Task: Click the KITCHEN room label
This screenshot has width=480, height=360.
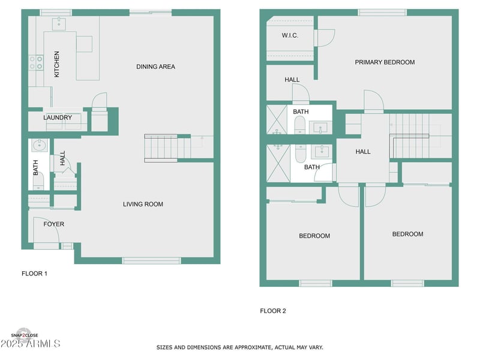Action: pos(57,64)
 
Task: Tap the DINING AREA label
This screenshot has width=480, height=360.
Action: pos(155,67)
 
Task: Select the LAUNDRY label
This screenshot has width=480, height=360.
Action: pos(58,118)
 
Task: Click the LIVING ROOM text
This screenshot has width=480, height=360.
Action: pos(143,204)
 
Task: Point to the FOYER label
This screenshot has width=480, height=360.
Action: pos(53,224)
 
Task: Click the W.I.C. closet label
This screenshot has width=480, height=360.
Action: pos(290,35)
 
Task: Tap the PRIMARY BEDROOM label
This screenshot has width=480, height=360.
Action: pos(385,62)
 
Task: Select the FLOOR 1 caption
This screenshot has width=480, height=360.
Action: pos(34,274)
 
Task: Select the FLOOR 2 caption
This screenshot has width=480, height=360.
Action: pos(273,311)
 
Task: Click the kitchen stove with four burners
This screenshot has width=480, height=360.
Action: pos(36,62)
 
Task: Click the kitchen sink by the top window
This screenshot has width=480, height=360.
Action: pos(59,25)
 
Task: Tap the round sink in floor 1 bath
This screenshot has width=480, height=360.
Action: pos(38,145)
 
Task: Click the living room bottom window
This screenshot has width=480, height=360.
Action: pos(151,260)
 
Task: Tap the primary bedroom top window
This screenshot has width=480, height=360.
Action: pos(382,12)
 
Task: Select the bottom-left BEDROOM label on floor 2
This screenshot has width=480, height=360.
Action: pos(314,236)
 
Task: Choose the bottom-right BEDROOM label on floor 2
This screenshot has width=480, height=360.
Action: pos(407,234)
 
